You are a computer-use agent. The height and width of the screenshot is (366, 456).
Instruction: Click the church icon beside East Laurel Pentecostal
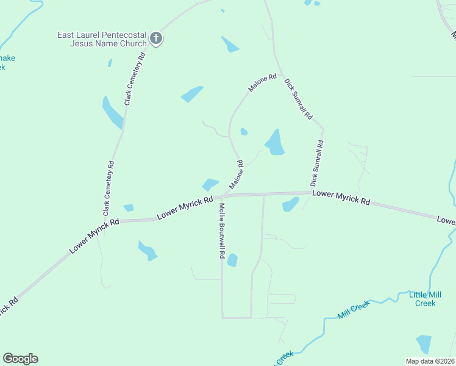(x=156, y=39)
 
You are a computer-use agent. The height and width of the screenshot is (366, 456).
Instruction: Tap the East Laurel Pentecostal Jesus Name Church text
(x=102, y=39)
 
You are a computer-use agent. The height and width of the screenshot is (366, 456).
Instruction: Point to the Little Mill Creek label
(x=422, y=299)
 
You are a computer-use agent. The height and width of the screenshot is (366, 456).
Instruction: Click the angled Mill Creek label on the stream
(x=354, y=310)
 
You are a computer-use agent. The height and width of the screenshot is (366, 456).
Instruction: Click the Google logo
(x=20, y=359)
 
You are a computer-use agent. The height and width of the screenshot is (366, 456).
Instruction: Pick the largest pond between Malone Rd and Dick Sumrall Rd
(x=275, y=143)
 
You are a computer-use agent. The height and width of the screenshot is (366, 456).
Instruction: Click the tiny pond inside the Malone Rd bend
(x=244, y=131)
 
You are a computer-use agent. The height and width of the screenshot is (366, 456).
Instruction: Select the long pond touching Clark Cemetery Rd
(x=113, y=113)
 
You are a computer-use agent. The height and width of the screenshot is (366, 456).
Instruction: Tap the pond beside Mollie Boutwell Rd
(x=232, y=260)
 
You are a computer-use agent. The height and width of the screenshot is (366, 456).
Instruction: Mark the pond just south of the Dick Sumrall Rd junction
(x=290, y=204)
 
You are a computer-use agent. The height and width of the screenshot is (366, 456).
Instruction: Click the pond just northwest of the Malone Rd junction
(x=210, y=184)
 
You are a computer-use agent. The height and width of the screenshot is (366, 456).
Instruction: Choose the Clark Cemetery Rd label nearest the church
(x=135, y=79)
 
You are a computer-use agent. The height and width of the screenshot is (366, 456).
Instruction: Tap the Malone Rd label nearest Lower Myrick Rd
(x=237, y=174)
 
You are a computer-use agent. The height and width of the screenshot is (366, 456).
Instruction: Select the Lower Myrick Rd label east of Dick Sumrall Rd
(x=341, y=197)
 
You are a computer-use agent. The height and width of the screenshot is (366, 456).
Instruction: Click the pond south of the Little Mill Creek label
(x=423, y=344)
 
